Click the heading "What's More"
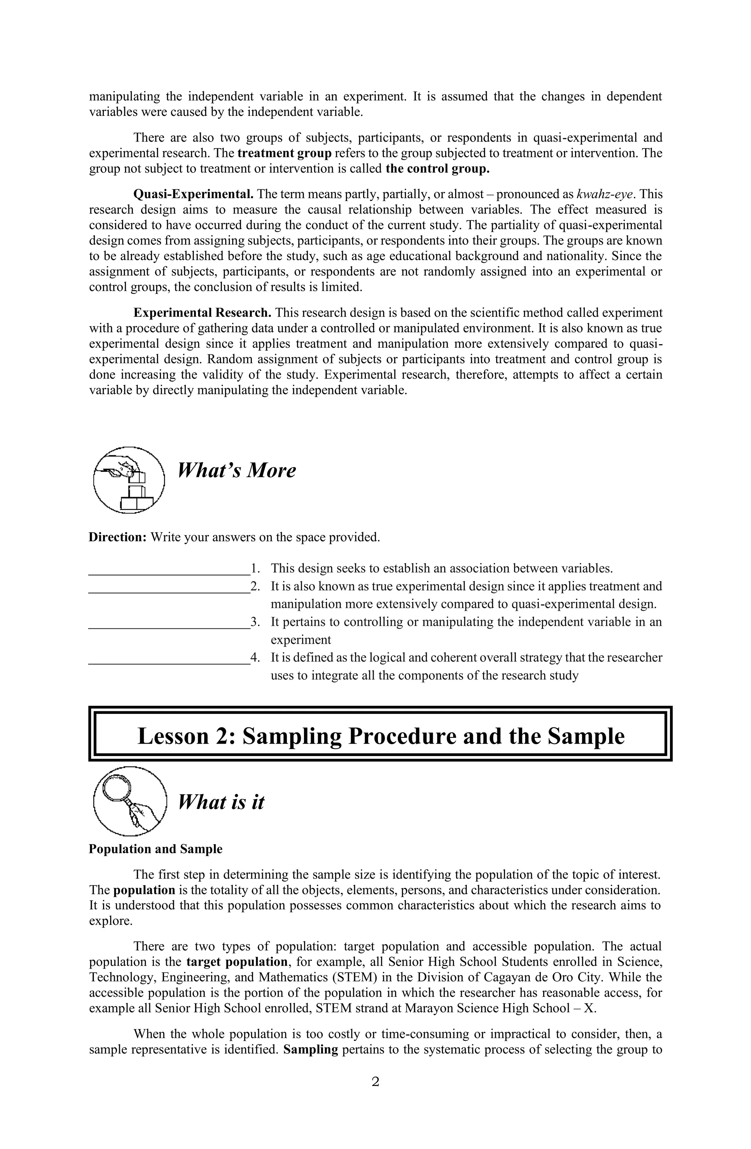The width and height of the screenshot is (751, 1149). (237, 470)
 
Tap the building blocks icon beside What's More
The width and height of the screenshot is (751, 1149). (128, 480)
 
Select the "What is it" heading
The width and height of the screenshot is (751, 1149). (221, 802)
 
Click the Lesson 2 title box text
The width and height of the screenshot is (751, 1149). (380, 736)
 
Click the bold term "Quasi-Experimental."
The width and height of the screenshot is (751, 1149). (193, 194)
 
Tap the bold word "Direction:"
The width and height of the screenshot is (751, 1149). (117, 537)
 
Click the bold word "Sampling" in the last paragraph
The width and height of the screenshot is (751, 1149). (310, 1050)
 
